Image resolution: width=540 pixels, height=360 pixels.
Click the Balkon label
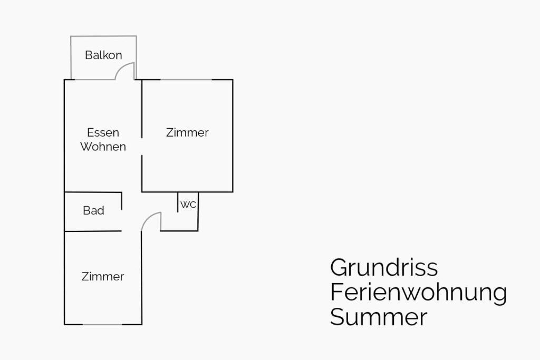[x=103, y=55]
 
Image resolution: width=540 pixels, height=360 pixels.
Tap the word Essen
[x=103, y=132]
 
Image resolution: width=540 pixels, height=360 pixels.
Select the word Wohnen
[x=103, y=147]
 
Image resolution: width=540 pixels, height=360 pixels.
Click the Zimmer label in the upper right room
[x=187, y=132]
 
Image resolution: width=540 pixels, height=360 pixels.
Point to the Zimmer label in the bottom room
[x=103, y=276]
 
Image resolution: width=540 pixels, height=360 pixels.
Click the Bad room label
[x=93, y=210]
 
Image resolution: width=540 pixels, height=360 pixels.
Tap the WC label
[x=188, y=205]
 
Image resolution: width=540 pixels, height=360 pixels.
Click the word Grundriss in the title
[x=384, y=268]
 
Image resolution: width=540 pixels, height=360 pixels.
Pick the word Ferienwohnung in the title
[x=418, y=292]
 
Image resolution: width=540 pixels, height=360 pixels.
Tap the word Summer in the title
[x=378, y=317]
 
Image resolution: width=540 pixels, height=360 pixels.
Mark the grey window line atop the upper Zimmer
[x=186, y=80]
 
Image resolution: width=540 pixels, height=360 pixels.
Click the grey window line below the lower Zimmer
[x=102, y=324]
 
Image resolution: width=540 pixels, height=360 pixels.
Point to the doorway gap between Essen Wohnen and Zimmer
[x=142, y=147]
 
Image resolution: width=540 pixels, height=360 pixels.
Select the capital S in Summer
[x=337, y=317]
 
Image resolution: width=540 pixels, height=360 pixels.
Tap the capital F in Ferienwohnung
[x=336, y=292]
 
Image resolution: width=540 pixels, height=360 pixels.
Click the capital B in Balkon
[x=89, y=55]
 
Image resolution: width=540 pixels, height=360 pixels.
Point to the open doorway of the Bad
[x=122, y=220]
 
